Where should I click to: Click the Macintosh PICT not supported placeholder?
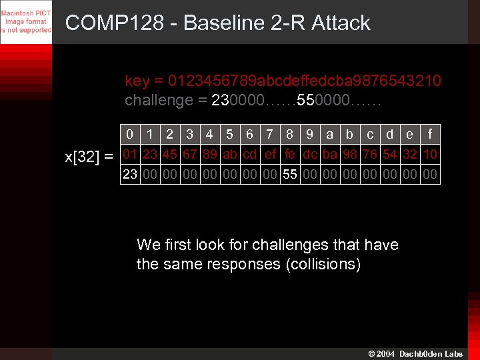point(26,21)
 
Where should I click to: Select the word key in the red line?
point(137,81)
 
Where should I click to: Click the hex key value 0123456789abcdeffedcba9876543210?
point(304,81)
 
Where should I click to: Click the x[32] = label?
point(89,157)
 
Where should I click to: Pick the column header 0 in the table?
point(130,135)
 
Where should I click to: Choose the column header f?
point(430,135)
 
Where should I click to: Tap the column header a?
point(330,135)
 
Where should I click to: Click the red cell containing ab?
point(230,155)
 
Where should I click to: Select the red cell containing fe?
point(290,155)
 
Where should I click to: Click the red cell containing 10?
point(430,155)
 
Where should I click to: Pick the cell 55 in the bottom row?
point(290,174)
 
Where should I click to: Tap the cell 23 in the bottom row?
point(130,174)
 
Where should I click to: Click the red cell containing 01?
point(130,155)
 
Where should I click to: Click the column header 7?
point(270,135)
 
